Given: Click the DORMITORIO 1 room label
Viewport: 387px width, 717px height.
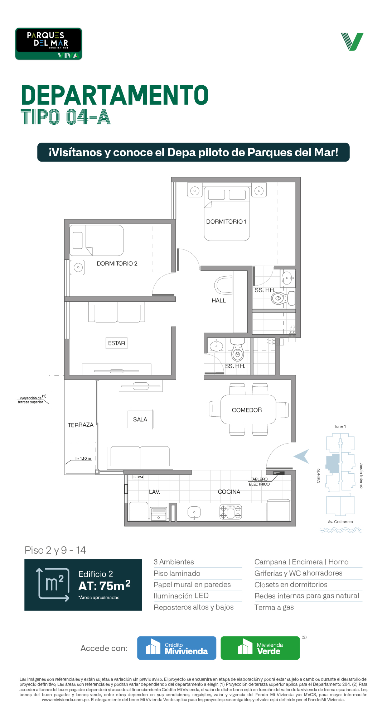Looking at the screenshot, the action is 226,222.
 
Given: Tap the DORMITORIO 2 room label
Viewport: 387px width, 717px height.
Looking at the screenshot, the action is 117,264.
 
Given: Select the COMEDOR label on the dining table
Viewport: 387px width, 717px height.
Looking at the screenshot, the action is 247,410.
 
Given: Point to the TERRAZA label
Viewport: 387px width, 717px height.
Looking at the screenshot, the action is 81,425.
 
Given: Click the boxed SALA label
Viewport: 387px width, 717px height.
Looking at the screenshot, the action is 140,420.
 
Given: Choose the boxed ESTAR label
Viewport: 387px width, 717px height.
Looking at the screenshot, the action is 117,343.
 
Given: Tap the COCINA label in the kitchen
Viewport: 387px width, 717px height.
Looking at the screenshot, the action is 229,492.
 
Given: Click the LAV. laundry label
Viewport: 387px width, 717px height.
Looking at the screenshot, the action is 155,492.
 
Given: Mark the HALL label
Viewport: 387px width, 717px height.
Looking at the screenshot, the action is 219,301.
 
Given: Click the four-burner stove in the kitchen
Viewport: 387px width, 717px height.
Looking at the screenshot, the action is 231,512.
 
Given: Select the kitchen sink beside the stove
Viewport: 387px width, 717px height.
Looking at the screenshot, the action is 194,513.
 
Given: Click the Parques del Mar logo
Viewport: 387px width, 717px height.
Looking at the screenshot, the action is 49,44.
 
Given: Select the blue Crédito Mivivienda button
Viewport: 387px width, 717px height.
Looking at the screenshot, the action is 177,648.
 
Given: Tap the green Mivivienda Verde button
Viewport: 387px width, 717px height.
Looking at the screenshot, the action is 260,648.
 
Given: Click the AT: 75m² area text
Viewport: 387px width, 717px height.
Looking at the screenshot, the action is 105,586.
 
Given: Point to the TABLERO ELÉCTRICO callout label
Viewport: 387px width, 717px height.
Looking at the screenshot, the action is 259,482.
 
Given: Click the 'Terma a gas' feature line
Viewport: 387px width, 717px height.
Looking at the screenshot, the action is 274,607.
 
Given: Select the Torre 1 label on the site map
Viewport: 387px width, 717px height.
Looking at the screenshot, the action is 340,426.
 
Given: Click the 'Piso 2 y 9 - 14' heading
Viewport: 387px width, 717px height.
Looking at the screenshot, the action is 55,550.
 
